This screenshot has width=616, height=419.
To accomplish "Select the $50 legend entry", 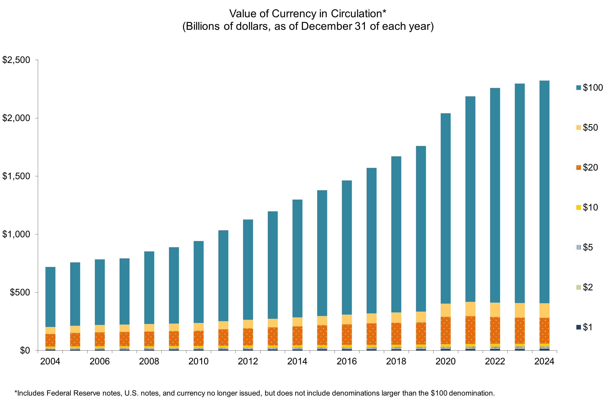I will (x=587, y=128).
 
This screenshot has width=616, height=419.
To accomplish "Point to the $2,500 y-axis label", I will (x=16, y=60).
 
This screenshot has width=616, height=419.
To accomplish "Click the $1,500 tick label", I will (x=16, y=176).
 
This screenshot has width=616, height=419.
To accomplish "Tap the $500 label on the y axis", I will (x=20, y=292).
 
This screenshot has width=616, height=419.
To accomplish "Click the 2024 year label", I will (x=544, y=361).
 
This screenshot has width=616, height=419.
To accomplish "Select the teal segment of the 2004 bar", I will (x=50, y=297).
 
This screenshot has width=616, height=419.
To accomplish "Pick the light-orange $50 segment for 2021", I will (x=470, y=309).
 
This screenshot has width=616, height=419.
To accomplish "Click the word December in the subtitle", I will (x=326, y=27).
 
